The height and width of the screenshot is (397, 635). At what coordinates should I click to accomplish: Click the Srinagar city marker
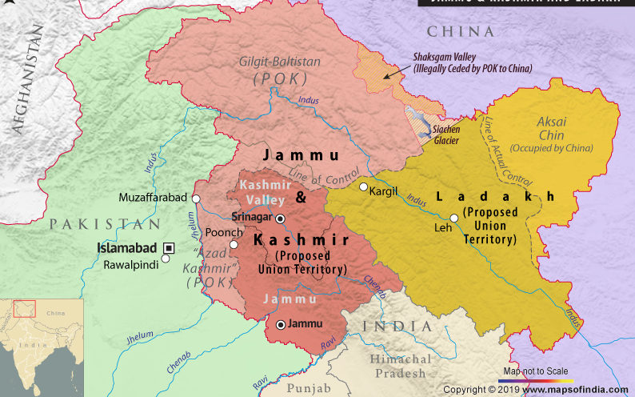pos(280,219)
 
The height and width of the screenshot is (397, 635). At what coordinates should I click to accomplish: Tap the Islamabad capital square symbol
pos(169,247)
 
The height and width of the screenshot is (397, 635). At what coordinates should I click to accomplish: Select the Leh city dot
pos(453,218)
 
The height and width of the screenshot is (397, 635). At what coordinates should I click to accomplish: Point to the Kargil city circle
pos(363,187)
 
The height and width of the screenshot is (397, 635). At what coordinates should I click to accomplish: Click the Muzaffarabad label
pos(152,197)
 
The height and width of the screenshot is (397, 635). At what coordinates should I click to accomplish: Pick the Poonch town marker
pos(234,244)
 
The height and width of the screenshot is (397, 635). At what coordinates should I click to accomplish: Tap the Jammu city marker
pos(280,325)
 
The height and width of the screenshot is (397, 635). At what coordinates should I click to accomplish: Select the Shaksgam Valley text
pos(452,58)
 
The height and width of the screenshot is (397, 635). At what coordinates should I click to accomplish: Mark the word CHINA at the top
pos(460,31)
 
